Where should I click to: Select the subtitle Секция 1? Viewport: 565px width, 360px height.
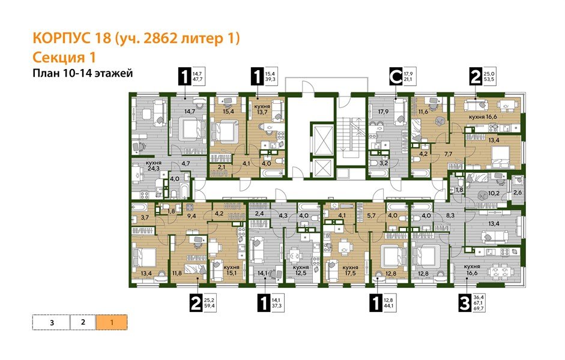[x=62, y=58]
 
